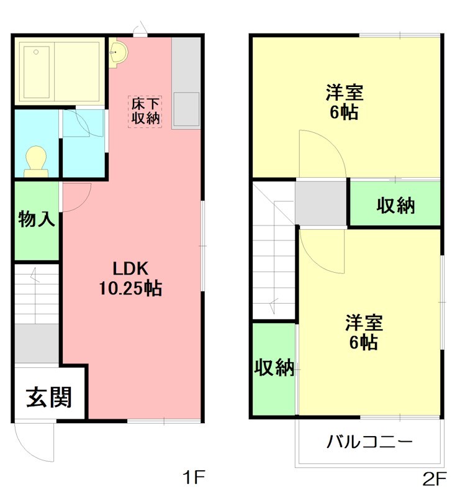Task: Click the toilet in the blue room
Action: [x=35, y=160]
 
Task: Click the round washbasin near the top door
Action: [x=117, y=53]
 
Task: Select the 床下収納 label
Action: [x=146, y=111]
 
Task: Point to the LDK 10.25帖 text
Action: [x=130, y=279]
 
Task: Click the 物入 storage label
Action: [x=37, y=219]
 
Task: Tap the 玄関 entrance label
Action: [x=48, y=396]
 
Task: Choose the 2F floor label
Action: [x=435, y=479]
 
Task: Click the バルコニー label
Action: [x=370, y=442]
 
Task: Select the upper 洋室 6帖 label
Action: [x=344, y=103]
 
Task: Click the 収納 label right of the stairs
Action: [x=395, y=205]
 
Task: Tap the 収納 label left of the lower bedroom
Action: [x=274, y=368]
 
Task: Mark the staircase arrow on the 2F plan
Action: [x=273, y=304]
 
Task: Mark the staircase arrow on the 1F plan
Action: [x=35, y=276]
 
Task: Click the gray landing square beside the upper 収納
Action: [x=321, y=203]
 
